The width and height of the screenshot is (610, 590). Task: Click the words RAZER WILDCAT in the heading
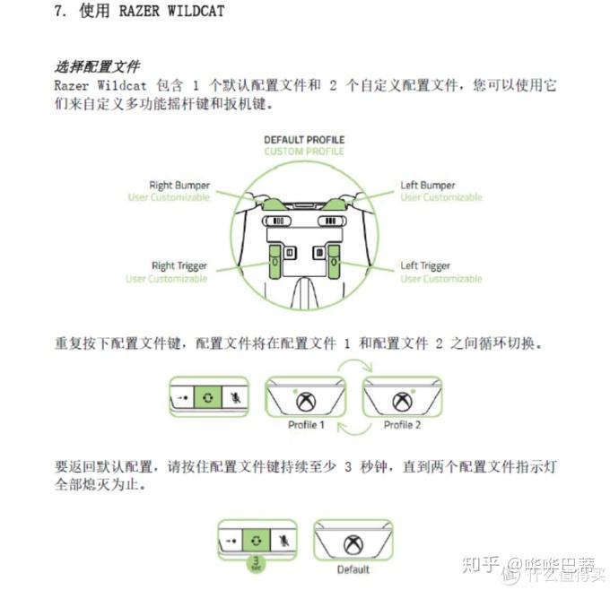171,12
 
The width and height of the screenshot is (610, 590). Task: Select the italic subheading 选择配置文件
98,66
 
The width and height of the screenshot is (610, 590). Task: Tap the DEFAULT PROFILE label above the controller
304,140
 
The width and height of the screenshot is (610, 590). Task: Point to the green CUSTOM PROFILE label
304,152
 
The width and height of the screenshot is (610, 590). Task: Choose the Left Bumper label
428,186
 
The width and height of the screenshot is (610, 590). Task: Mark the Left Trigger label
425,266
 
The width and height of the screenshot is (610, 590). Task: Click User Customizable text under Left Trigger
441,279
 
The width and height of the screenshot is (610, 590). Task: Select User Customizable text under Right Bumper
169,197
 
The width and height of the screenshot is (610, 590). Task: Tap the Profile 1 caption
306,424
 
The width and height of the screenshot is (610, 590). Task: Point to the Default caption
353,569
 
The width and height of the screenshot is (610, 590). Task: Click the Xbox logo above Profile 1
307,403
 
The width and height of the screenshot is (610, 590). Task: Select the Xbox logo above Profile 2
402,403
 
